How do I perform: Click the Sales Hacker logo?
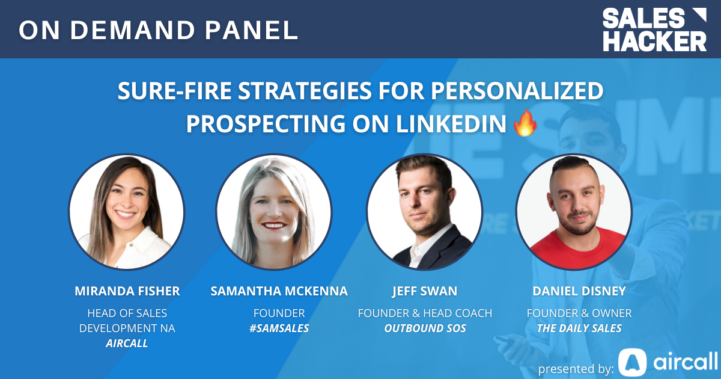click(x=654, y=29)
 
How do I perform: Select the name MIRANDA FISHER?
click(x=127, y=291)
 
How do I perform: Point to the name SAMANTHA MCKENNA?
click(x=279, y=291)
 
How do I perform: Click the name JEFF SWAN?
click(x=424, y=291)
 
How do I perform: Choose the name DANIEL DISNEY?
click(x=579, y=291)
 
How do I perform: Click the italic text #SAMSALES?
click(x=279, y=329)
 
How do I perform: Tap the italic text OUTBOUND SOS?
click(x=425, y=329)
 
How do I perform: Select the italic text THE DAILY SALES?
click(x=579, y=329)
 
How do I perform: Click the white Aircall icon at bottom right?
click(x=632, y=362)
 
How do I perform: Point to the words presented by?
click(x=576, y=368)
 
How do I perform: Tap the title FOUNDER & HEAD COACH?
click(x=425, y=313)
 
